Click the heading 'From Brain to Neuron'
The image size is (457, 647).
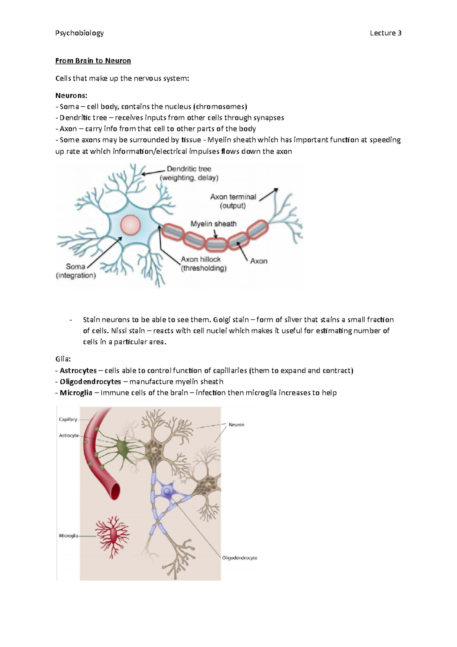tap(93, 61)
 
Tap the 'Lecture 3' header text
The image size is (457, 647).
tap(385, 33)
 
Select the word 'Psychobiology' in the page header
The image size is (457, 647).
tap(79, 33)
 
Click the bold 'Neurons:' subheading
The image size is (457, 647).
tap(71, 95)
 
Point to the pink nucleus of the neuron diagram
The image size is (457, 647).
tap(131, 225)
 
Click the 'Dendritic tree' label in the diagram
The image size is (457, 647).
tap(189, 169)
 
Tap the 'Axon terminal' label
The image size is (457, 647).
tap(233, 197)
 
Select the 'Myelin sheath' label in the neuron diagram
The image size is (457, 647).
tap(213, 224)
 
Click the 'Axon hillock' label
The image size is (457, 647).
tap(201, 259)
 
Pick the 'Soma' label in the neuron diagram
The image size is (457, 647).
tap(75, 267)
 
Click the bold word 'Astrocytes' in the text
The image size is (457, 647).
tap(78, 370)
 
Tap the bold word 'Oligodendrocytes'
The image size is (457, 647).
tap(90, 381)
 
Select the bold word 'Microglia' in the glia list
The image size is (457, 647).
tap(76, 392)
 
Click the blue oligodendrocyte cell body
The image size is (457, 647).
tap(167, 492)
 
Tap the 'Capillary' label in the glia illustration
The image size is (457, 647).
tap(68, 419)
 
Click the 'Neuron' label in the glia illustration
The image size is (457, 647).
tap(236, 424)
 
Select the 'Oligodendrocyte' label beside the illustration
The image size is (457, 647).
tap(240, 558)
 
